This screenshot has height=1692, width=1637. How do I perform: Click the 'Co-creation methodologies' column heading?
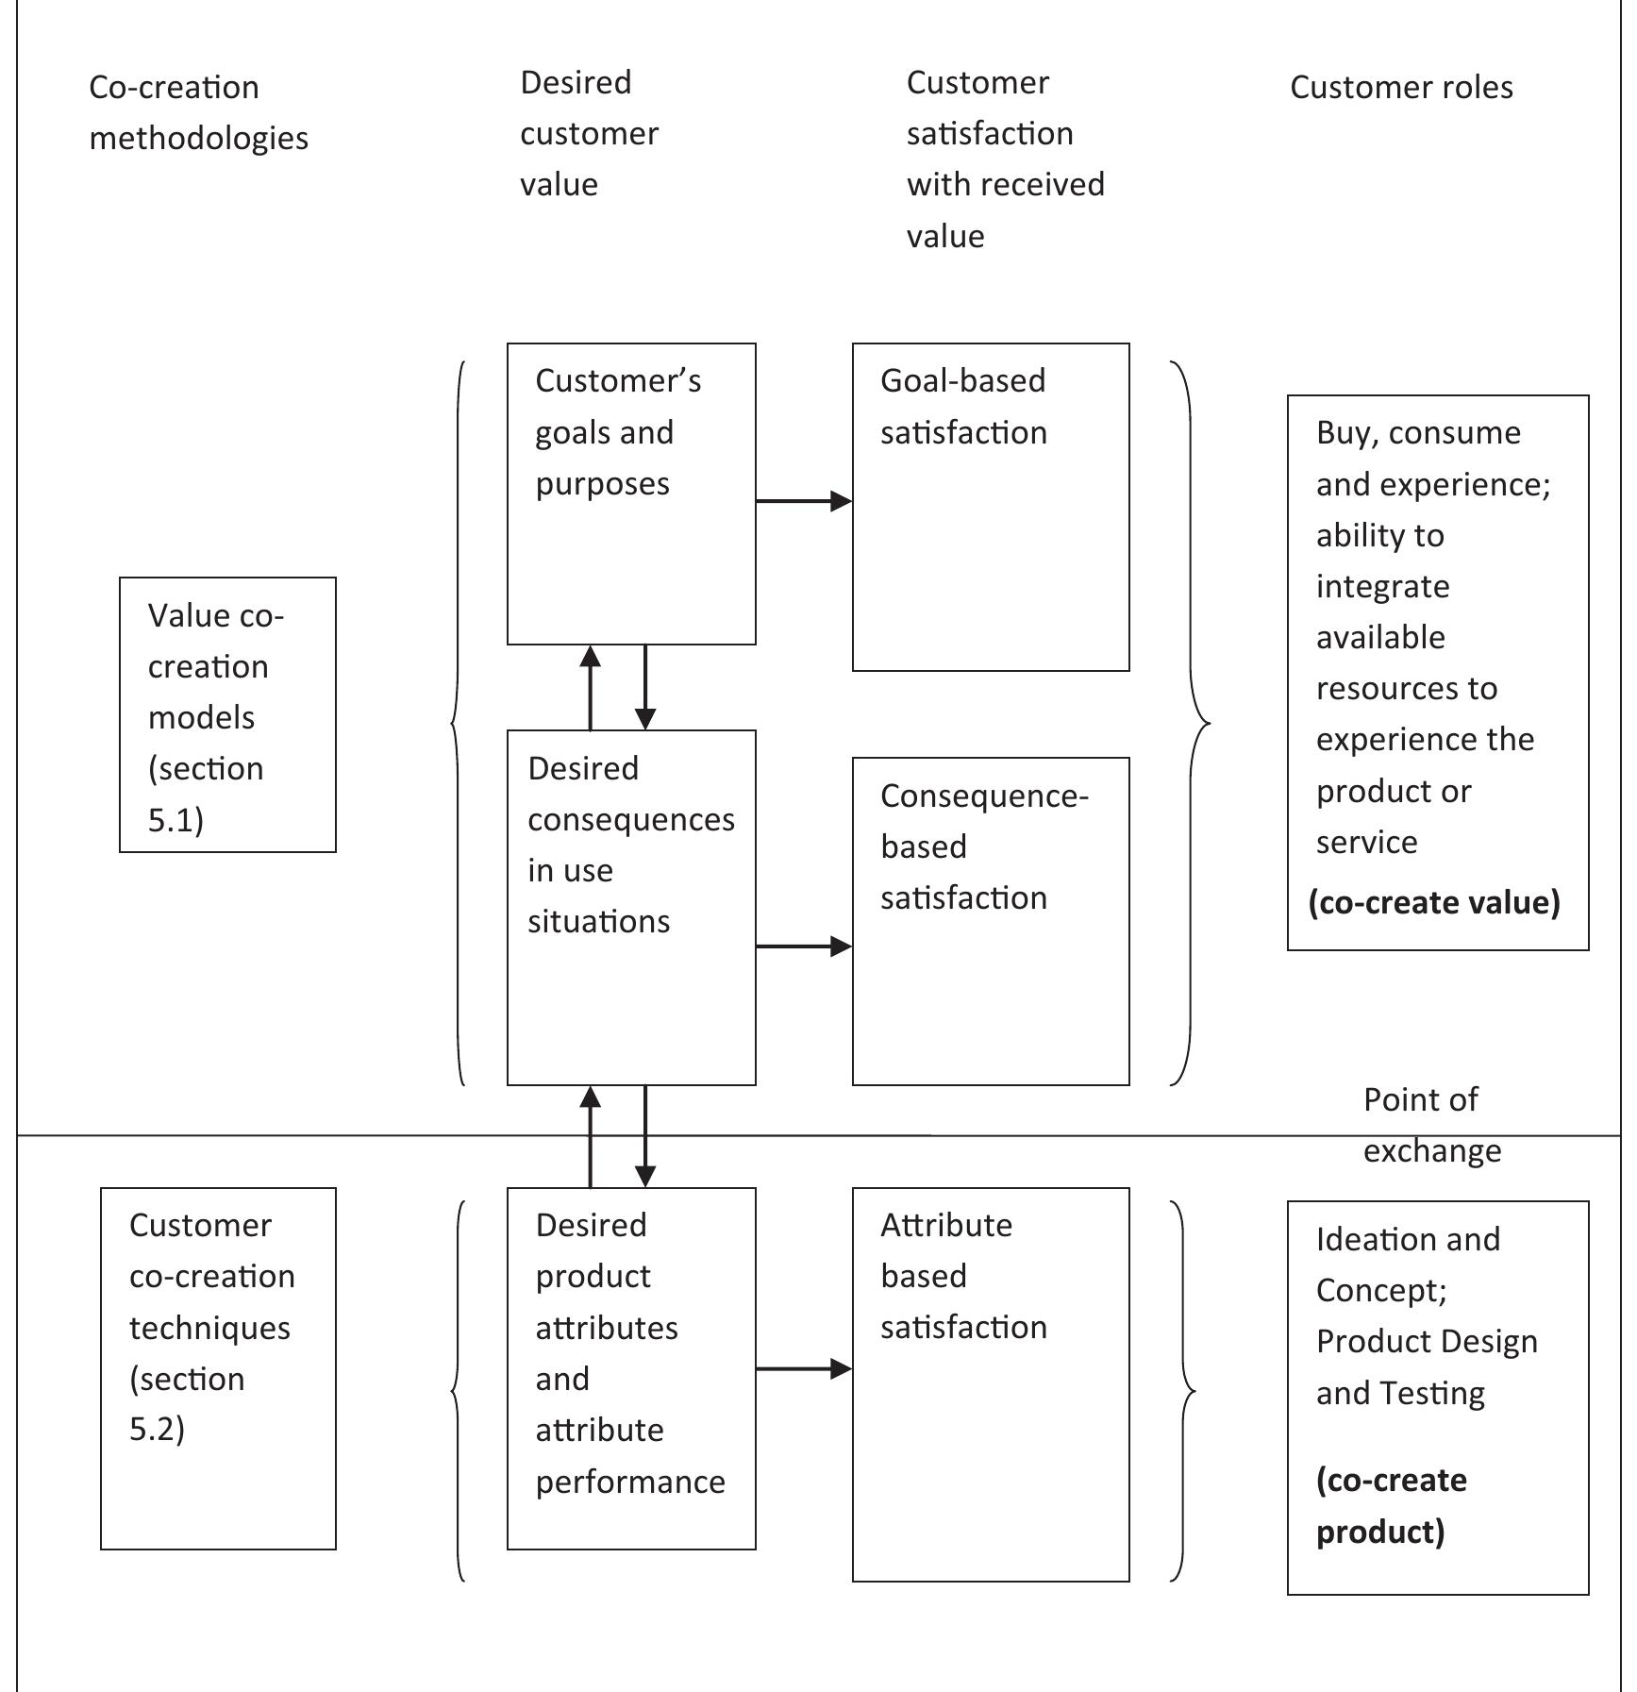tap(198, 112)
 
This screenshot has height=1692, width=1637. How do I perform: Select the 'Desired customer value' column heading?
tap(589, 133)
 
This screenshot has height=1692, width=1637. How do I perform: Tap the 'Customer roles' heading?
tap(1400, 88)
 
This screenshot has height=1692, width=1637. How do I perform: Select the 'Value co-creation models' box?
tap(227, 714)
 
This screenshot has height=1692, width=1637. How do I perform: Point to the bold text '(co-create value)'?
tap(1433, 902)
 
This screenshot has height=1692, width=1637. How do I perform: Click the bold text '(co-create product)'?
tap(1391, 1505)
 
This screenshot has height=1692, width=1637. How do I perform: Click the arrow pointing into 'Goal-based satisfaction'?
tap(803, 501)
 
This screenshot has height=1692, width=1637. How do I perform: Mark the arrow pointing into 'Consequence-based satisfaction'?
tap(803, 946)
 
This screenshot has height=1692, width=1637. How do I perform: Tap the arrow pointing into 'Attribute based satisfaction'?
tap(803, 1368)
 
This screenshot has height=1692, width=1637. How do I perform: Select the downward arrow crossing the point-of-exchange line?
tap(645, 1136)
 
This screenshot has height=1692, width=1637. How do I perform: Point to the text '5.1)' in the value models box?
tap(175, 819)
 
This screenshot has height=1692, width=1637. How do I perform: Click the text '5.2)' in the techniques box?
tap(157, 1429)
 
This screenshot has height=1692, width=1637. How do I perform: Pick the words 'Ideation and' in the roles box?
tap(1407, 1239)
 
